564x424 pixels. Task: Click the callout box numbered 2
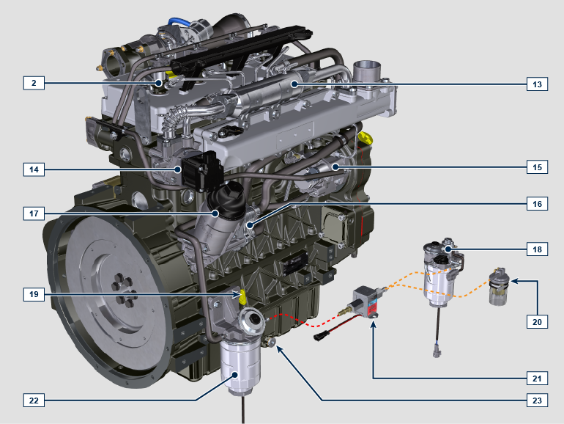click(x=34, y=83)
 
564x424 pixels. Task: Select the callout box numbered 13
click(x=537, y=84)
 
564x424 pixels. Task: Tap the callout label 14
click(x=34, y=169)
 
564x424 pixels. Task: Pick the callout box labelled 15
click(x=537, y=167)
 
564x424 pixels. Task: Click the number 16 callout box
click(x=537, y=204)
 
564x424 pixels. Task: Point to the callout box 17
click(x=34, y=213)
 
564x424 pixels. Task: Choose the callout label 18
click(x=537, y=249)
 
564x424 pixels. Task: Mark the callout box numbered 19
click(x=34, y=294)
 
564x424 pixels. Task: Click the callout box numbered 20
click(x=537, y=322)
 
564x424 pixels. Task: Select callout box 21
click(x=537, y=379)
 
